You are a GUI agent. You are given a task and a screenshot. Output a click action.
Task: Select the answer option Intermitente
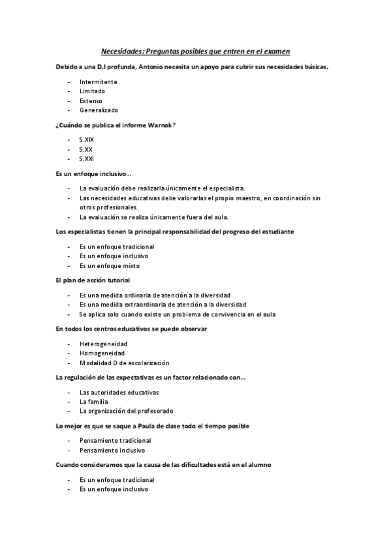pos(99,82)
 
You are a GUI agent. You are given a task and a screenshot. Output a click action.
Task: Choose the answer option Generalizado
pos(99,110)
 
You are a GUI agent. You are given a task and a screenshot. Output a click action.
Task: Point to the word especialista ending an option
pos(225,188)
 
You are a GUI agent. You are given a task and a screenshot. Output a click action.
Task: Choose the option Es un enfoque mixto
pos(109,265)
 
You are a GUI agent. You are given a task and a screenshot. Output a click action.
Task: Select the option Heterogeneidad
pos(103,344)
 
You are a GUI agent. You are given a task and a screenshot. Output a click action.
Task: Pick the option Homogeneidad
pos(102,353)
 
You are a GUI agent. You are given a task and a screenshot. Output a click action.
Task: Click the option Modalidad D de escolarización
pos(124,363)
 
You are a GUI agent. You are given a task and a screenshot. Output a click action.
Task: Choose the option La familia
pos(95,402)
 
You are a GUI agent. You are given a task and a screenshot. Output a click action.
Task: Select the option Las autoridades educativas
pos(119,393)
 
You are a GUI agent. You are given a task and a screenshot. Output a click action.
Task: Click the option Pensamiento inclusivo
pos(112,450)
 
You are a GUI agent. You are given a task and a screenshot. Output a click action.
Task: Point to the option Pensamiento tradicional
pos(116,441)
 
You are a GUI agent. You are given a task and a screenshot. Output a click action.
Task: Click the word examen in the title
pos(275,51)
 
